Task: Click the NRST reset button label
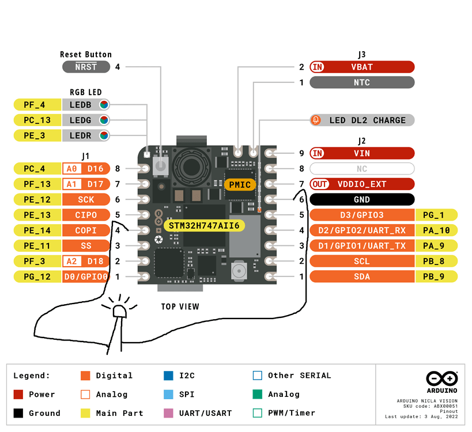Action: pyautogui.click(x=86, y=67)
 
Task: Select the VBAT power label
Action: pyautogui.click(x=362, y=67)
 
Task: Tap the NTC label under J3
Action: pyautogui.click(x=362, y=82)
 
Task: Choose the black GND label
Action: pyautogui.click(x=362, y=199)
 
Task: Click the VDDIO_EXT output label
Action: pyautogui.click(x=362, y=184)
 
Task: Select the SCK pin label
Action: pyautogui.click(x=86, y=199)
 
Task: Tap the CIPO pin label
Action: pyautogui.click(x=86, y=215)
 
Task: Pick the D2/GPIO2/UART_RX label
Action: pyautogui.click(x=362, y=230)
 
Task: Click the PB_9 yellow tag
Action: pyautogui.click(x=436, y=276)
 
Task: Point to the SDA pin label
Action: pyautogui.click(x=362, y=276)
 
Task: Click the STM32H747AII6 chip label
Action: pyautogui.click(x=204, y=226)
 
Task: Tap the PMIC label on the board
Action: pyautogui.click(x=240, y=184)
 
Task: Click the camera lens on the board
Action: pyautogui.click(x=191, y=166)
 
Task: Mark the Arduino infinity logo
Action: pyautogui.click(x=442, y=378)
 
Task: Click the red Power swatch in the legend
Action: pyautogui.click(x=18, y=395)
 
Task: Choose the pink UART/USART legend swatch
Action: pyautogui.click(x=168, y=413)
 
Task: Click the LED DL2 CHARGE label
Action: pyautogui.click(x=362, y=120)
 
